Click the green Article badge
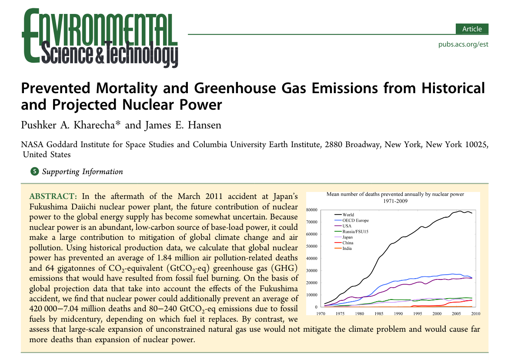point(472,29)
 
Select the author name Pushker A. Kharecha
point(70,125)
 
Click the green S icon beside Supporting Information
point(35,172)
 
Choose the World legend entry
point(348,215)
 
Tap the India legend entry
point(347,249)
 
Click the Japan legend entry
point(348,237)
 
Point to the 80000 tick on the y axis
point(312,210)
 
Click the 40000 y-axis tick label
point(312,259)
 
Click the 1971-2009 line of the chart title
point(395,202)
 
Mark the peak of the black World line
point(460,211)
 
